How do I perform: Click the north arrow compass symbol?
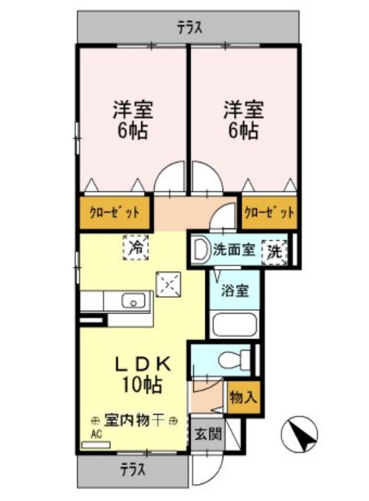[299, 434]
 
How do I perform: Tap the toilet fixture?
[235, 360]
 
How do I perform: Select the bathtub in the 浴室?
[235, 324]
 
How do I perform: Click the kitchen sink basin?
[133, 301]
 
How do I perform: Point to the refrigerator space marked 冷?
[136, 248]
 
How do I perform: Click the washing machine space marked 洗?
[275, 252]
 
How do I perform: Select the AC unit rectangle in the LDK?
[96, 445]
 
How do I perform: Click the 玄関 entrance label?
[208, 434]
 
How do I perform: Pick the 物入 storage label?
[243, 397]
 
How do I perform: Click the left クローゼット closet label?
[114, 213]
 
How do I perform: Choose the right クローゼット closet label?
[269, 213]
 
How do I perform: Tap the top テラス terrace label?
[189, 28]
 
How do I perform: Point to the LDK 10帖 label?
[143, 374]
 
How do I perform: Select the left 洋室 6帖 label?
[133, 120]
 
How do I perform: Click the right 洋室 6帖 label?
[243, 120]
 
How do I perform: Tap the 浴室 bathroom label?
[235, 291]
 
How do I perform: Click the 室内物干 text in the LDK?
[133, 420]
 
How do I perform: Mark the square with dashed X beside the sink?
[168, 285]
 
